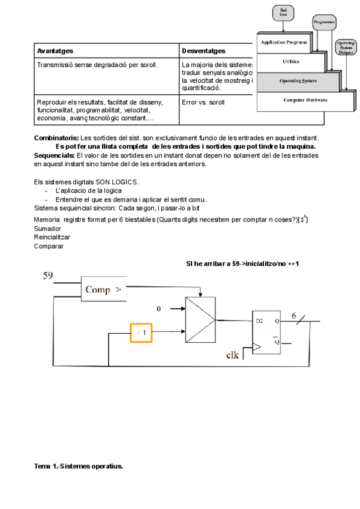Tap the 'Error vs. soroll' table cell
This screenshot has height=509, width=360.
[x=203, y=102]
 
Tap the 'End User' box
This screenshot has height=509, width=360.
[x=283, y=12]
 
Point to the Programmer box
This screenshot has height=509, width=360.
[x=324, y=22]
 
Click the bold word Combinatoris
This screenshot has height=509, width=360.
[x=56, y=138]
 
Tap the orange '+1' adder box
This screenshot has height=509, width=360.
[x=141, y=332]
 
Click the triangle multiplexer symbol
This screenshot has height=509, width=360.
[x=201, y=318]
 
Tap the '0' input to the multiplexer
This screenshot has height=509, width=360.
[x=159, y=309]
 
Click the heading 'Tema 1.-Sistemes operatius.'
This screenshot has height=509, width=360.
[x=79, y=465]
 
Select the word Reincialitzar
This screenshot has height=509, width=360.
[x=52, y=237]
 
